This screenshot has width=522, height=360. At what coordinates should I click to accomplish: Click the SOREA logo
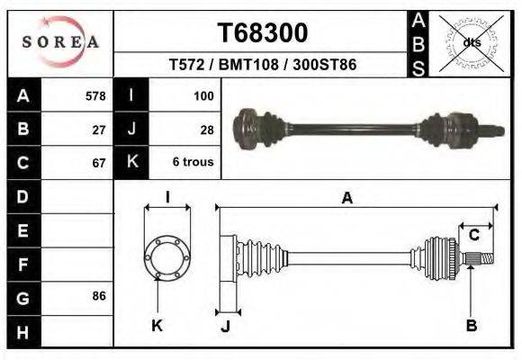tap(59, 42)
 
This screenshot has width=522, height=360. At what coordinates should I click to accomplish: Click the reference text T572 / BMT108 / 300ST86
tap(263, 65)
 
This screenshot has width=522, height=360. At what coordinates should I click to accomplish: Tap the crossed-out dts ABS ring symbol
tap(471, 42)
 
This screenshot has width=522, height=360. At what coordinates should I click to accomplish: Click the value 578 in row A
tap(94, 95)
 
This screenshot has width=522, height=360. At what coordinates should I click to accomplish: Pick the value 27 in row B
tap(99, 130)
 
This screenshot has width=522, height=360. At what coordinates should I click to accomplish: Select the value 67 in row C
tap(99, 164)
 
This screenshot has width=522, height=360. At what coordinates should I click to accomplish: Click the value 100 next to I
tap(202, 95)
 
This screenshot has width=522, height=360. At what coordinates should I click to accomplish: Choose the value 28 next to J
tap(206, 130)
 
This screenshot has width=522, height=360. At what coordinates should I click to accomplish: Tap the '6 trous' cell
tap(193, 163)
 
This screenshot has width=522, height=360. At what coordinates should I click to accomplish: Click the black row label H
tap(22, 331)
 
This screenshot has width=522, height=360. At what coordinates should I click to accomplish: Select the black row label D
tap(22, 196)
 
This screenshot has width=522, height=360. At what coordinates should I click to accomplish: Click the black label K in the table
tap(132, 163)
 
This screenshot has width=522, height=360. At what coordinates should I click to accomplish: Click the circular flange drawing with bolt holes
tap(167, 257)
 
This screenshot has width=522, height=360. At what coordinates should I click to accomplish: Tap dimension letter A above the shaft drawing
tap(347, 200)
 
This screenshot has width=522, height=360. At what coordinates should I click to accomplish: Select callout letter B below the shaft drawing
tap(471, 326)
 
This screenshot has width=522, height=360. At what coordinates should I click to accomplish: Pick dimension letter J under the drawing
tap(225, 326)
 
